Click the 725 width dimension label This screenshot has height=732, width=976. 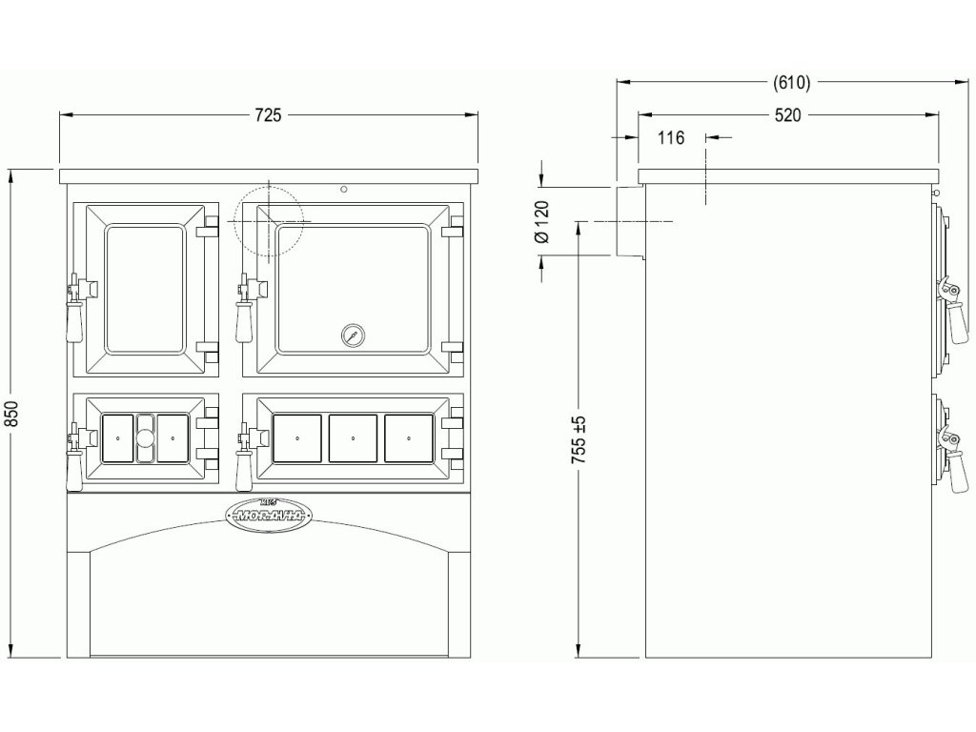pyautogui.click(x=268, y=115)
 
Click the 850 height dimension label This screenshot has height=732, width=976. pyautogui.click(x=12, y=413)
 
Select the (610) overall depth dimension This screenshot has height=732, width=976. pyautogui.click(x=791, y=83)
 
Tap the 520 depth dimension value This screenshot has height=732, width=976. pyautogui.click(x=787, y=115)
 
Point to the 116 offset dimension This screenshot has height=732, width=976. pyautogui.click(x=671, y=138)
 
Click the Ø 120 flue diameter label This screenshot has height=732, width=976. pyautogui.click(x=542, y=221)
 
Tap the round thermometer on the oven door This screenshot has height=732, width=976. pyautogui.click(x=352, y=335)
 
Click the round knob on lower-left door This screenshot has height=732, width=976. pyautogui.click(x=145, y=439)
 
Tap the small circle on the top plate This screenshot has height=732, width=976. pyautogui.click(x=343, y=188)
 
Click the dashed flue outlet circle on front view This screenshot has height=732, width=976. pyautogui.click(x=268, y=220)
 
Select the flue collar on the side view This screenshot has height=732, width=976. pyautogui.click(x=629, y=221)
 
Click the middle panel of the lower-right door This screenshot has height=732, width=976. pyautogui.click(x=353, y=438)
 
